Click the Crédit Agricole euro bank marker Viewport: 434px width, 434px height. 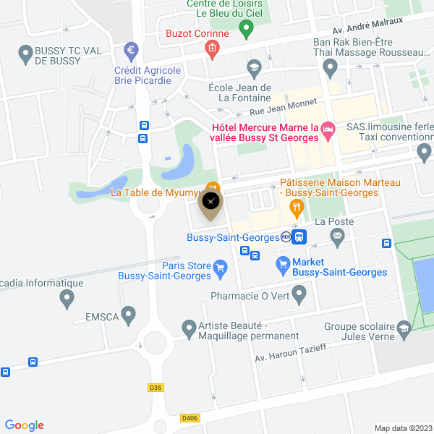[131, 50]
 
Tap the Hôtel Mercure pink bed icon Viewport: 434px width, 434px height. [328, 128]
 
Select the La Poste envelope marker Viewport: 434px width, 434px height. [337, 235]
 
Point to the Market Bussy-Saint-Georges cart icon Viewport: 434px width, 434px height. [283, 267]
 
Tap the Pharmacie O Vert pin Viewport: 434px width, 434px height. [299, 294]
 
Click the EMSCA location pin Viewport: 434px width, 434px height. [129, 315]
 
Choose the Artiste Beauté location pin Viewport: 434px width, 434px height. [189, 329]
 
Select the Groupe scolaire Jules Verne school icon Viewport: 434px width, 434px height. [404, 331]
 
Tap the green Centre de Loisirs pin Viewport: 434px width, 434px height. [245, 30]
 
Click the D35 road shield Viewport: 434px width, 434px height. [156, 388]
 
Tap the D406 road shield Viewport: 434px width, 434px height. [190, 417]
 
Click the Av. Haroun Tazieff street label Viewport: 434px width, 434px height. [292, 353]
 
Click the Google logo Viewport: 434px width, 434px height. [24, 425]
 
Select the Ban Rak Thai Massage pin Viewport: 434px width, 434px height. [331, 69]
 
